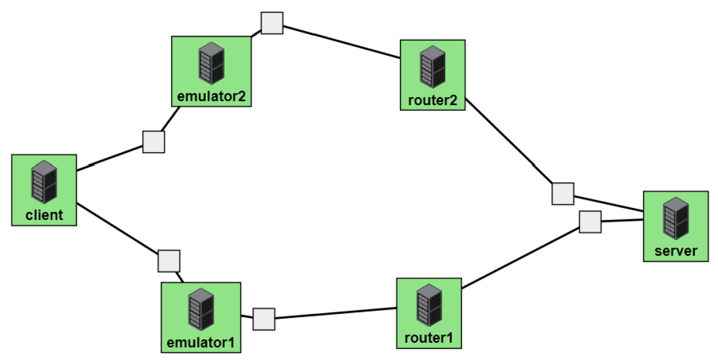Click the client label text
pos(44,215)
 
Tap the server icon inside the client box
pos(44,182)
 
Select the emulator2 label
pos(211,96)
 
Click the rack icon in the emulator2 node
pos(212,63)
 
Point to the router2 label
pos(432,100)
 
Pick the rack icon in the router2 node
pos(433,66)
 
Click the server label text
pos(676,251)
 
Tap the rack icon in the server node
pos(676,218)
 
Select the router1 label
pos(429,338)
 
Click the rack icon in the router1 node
pos(429,305)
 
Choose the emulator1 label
pos(201,343)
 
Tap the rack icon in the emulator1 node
pos(201,309)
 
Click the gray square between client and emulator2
pos(154,142)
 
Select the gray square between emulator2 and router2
pos(272,23)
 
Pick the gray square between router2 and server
pos(563,194)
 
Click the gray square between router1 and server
pos(590,222)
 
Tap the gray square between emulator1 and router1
pos(264,319)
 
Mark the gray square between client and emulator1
pos(169,261)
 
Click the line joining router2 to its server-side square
pos(509,142)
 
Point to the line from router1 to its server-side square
pos(520,258)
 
